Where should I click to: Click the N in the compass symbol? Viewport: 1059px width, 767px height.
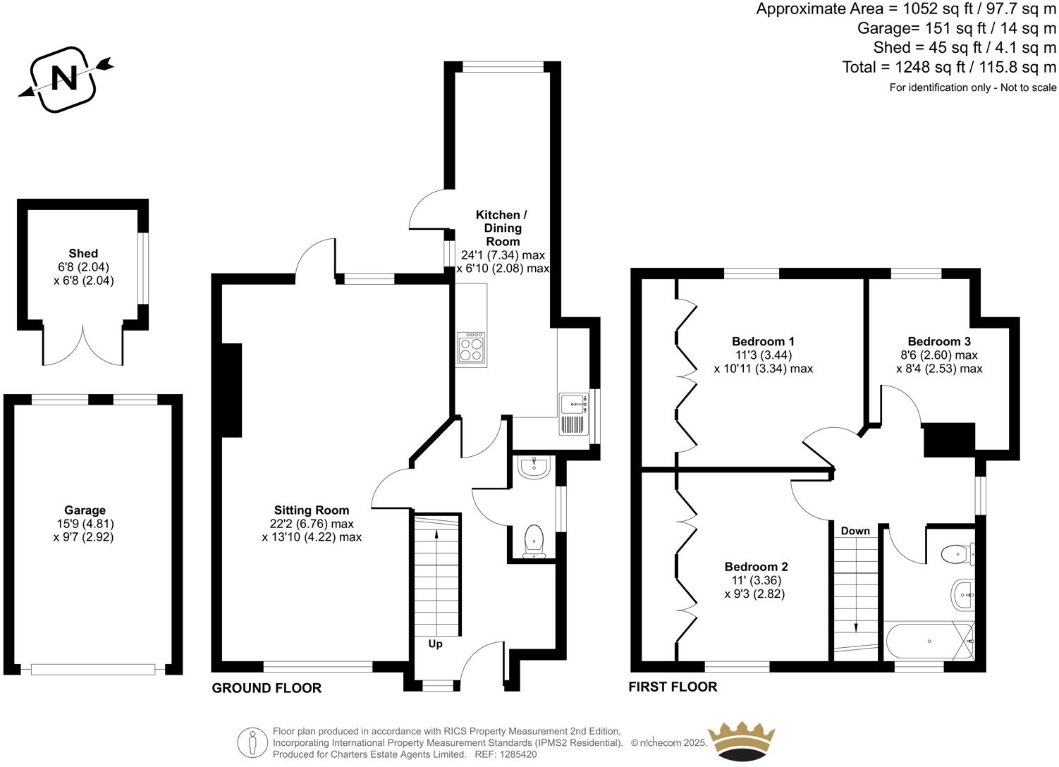[66, 78]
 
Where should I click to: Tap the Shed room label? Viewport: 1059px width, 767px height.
[83, 254]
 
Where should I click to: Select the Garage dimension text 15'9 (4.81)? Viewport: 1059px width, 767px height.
[85, 524]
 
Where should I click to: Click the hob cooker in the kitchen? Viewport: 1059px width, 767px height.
[471, 349]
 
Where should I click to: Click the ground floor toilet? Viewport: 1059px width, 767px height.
[534, 541]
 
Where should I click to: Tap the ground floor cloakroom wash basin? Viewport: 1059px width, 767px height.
[534, 467]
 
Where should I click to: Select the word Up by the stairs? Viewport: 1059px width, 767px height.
[436, 644]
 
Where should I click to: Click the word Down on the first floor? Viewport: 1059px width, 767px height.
[855, 530]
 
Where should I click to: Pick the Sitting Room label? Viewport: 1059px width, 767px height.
[312, 510]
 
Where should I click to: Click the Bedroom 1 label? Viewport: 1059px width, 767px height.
[763, 341]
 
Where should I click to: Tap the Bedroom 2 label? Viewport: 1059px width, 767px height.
[756, 567]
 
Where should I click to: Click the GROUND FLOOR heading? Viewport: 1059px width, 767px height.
[267, 688]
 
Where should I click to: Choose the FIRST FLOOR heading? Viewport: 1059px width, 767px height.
[673, 687]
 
